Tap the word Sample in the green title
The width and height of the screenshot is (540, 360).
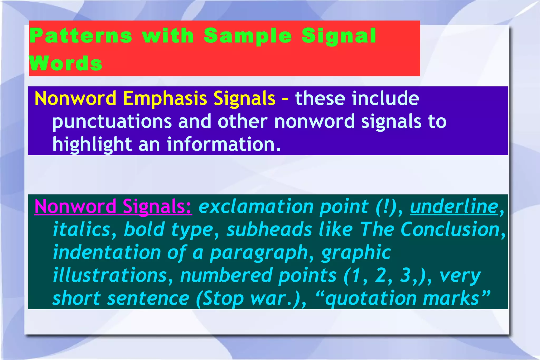pos(248,36)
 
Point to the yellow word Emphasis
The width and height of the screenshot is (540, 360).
pos(165,98)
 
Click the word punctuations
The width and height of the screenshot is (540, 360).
pos(112,122)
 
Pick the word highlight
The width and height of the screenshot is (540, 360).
pos(92,145)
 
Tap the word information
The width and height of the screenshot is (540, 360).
pos(223,144)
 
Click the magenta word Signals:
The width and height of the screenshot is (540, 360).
pos(157,206)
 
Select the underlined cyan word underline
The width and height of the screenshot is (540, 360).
pos(454,207)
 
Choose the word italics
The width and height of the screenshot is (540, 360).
pos(81,229)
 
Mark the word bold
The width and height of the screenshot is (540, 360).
pos(144,229)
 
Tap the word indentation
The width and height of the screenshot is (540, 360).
pos(107,252)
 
